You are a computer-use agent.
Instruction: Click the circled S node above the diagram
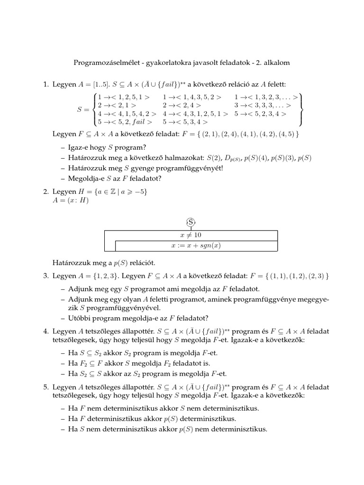[191, 222]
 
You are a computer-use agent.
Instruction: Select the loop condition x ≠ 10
[191, 235]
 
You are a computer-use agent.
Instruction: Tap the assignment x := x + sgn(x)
[196, 246]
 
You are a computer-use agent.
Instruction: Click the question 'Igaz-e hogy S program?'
[106, 147]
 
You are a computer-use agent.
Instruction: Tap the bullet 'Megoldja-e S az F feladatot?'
[115, 179]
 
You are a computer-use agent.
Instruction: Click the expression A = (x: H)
[71, 199]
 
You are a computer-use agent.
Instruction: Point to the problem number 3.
[45, 276]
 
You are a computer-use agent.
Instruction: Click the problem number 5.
[45, 387]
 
